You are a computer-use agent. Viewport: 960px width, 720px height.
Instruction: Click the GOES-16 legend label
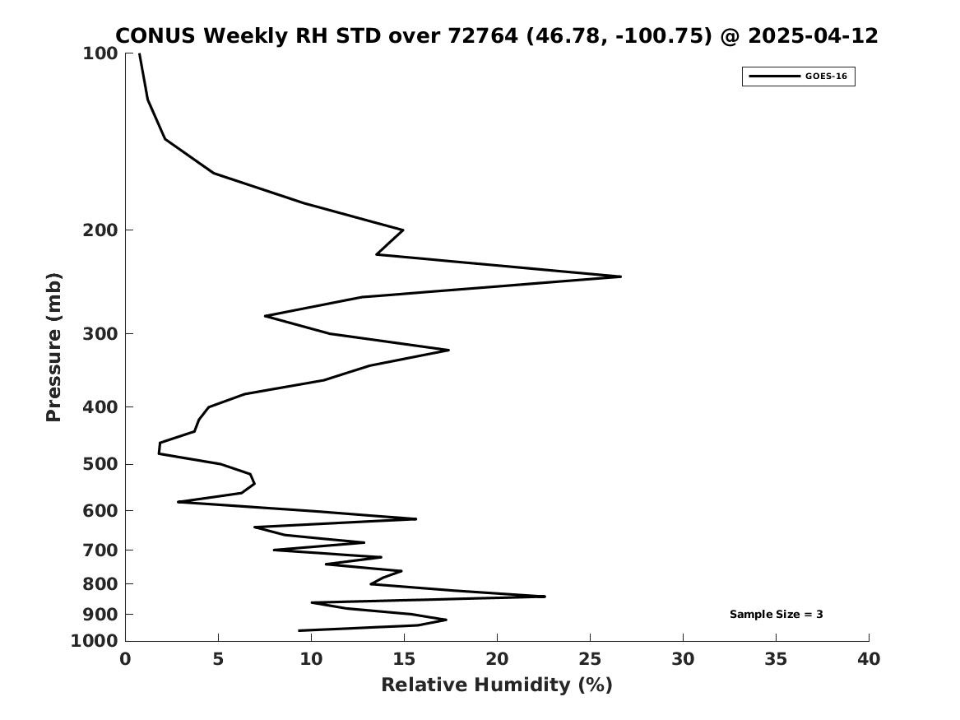tap(826, 77)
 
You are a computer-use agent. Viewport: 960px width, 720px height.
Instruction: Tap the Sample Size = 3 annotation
tap(776, 614)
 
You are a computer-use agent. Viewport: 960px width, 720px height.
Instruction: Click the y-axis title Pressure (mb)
tap(53, 347)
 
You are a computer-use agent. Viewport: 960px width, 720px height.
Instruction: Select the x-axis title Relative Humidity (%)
tap(497, 685)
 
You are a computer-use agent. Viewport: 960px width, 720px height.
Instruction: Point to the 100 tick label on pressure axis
tap(100, 53)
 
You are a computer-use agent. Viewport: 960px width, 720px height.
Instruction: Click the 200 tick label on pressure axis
tap(100, 230)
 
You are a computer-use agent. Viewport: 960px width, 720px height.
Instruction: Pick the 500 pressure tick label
tap(100, 464)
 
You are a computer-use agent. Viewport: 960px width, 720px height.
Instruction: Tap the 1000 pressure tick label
tap(95, 641)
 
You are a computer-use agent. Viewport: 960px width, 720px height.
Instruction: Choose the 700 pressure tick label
tap(100, 550)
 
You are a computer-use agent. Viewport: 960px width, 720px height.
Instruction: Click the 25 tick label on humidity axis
tap(590, 659)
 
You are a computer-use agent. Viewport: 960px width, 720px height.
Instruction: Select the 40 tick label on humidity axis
tap(869, 659)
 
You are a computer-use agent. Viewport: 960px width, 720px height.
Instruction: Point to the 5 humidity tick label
tap(218, 659)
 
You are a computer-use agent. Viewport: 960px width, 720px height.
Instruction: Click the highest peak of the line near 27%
tap(621, 276)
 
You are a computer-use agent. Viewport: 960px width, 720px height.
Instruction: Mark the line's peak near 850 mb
tap(545, 597)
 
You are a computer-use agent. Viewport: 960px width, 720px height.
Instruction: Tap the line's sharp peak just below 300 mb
tap(449, 350)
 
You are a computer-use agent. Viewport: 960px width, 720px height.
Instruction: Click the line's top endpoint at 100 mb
tap(140, 53)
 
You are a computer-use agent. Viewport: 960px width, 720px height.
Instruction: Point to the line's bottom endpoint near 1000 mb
tap(299, 630)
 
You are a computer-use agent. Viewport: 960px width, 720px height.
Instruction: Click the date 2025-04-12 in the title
tap(813, 36)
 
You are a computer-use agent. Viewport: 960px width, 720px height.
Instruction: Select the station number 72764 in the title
tap(483, 36)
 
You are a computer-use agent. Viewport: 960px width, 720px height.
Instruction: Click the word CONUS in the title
tap(155, 36)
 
